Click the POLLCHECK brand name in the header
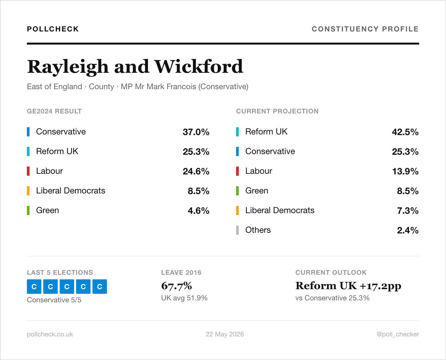[53, 29]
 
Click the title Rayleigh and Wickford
[135, 67]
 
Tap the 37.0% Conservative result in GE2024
[196, 132]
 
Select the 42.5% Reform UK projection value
[405, 132]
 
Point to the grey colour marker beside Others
[237, 230]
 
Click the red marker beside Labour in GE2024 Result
[28, 171]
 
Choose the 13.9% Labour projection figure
[405, 171]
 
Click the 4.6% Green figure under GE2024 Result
[198, 211]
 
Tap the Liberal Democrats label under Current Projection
[280, 210]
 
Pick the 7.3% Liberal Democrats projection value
[408, 211]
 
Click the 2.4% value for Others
[408, 230]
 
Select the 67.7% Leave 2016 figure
[176, 286]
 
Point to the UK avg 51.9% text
[184, 298]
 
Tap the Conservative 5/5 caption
[54, 300]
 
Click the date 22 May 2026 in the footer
[225, 334]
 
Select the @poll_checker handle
[398, 334]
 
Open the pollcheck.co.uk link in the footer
[50, 334]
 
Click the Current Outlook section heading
[331, 272]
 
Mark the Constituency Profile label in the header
[365, 29]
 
